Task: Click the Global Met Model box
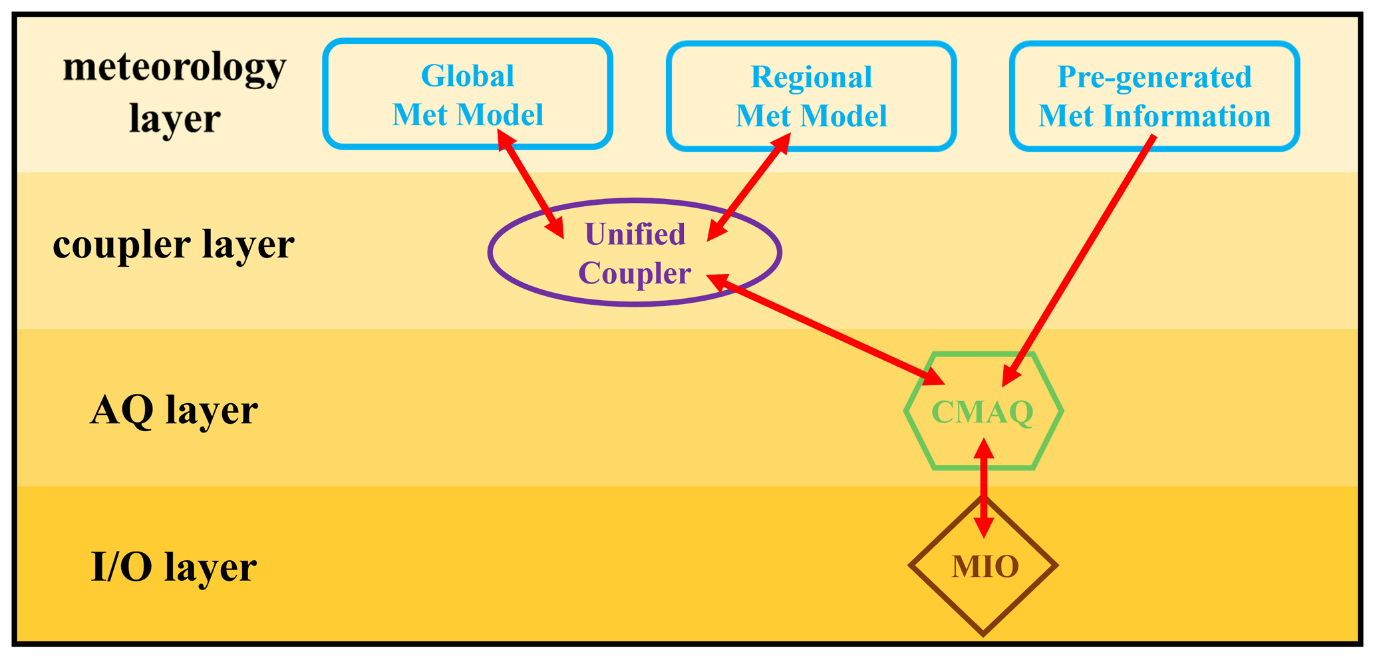coord(467,94)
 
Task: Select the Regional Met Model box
coord(811,96)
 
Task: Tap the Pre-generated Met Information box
coord(1154,96)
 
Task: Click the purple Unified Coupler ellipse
coord(635,253)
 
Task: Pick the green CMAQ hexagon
coord(983,412)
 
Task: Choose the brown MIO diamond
coord(984,567)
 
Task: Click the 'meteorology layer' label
coord(174,93)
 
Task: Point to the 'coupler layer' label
coord(173,244)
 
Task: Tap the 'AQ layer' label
coord(173,410)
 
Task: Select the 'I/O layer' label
coord(173,567)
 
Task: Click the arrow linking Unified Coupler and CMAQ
coord(825,329)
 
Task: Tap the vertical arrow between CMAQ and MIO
coord(984,489)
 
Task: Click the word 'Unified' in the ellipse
coord(635,234)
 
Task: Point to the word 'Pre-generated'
coord(1154,77)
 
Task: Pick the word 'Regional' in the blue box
coord(811,77)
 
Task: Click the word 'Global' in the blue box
coord(467,76)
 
